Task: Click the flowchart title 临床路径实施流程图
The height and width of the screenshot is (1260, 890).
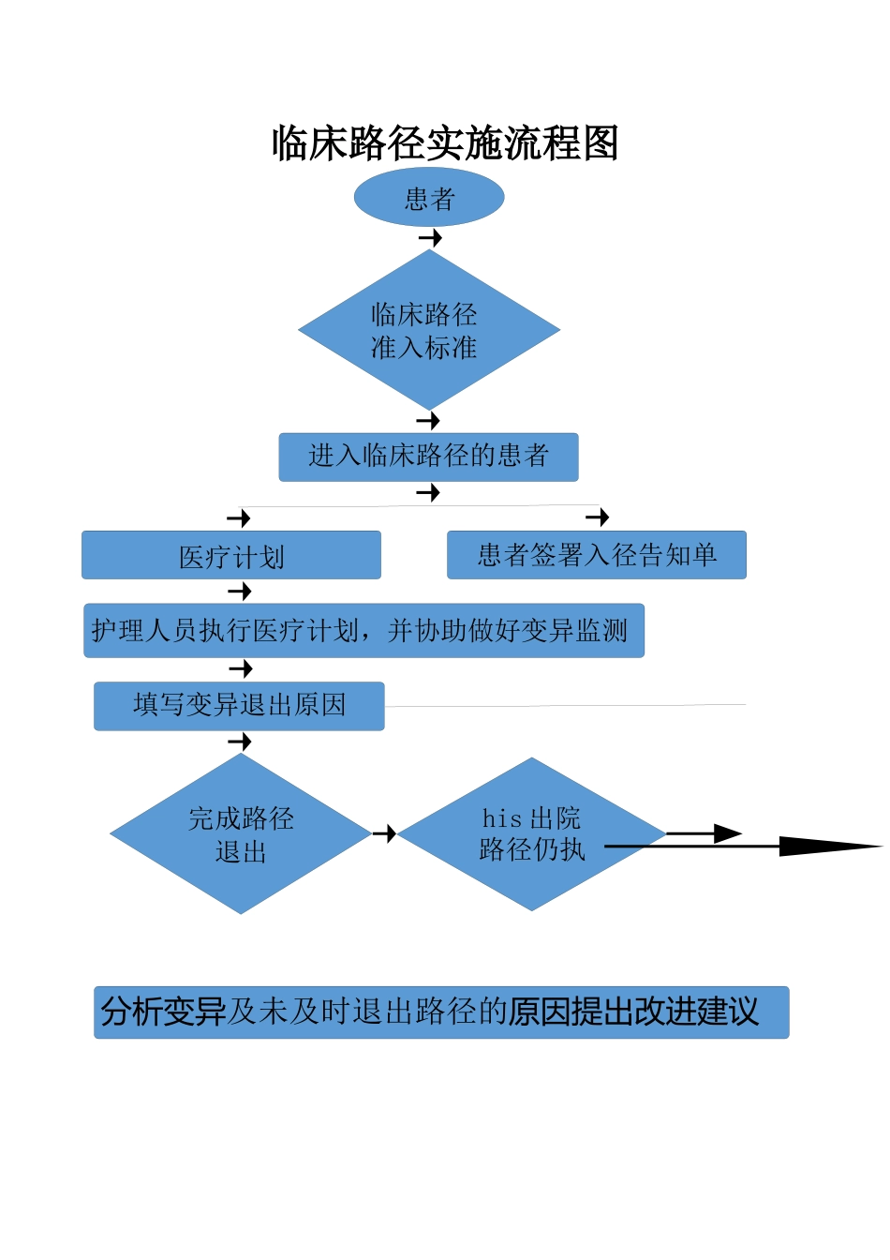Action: click(445, 143)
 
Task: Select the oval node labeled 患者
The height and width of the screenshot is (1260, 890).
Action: click(429, 198)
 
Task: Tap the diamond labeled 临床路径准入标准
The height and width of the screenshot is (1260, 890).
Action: click(429, 330)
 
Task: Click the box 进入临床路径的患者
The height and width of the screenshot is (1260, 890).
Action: click(428, 457)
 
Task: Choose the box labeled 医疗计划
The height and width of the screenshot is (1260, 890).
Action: click(231, 556)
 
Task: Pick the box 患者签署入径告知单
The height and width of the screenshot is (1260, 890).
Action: click(597, 555)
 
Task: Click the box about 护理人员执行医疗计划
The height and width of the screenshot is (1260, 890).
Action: click(363, 631)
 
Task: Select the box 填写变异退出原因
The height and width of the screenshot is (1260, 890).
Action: click(239, 705)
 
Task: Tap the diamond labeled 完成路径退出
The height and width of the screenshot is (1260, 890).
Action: click(241, 834)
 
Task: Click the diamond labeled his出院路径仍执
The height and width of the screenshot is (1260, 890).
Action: click(531, 834)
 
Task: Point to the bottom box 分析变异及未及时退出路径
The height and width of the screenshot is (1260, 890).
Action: click(440, 1012)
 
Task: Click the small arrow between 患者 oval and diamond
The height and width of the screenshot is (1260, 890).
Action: click(431, 238)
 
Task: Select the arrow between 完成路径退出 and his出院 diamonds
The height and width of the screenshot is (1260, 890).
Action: click(385, 833)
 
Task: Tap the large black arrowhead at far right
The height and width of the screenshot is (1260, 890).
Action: click(829, 847)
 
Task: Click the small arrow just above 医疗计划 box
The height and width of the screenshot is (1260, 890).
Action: click(239, 518)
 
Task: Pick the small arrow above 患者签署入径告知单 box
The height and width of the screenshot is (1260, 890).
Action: click(598, 517)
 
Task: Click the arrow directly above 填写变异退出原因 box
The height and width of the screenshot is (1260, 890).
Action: click(241, 668)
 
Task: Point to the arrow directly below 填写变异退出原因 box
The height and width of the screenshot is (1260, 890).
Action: click(241, 742)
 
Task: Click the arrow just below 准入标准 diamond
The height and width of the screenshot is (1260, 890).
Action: click(428, 421)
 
